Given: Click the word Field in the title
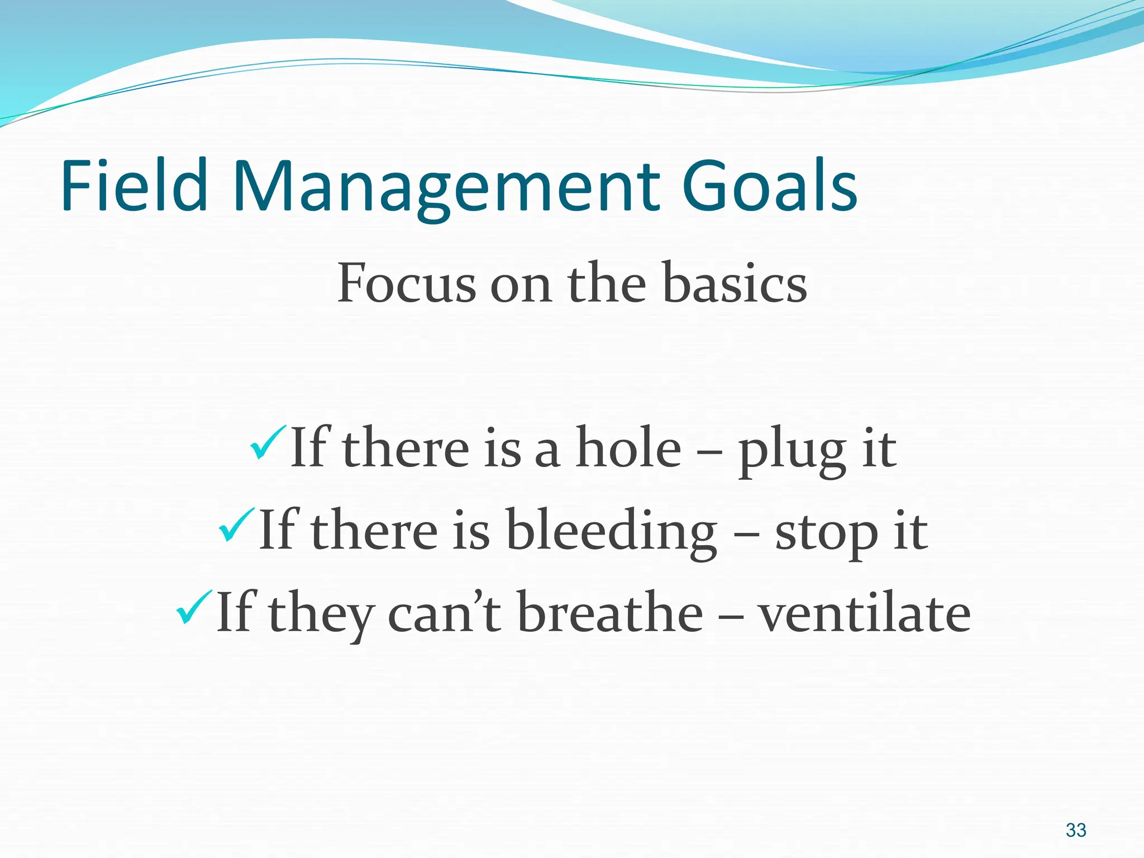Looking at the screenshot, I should click(134, 185).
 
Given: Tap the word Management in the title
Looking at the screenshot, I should click(444, 185).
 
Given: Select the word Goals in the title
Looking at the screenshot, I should click(769, 185).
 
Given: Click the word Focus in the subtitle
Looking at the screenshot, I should click(406, 283).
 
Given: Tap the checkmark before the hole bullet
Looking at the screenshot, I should click(268, 442).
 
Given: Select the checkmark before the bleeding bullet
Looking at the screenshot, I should click(237, 525).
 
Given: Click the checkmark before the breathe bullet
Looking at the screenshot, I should click(194, 607).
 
